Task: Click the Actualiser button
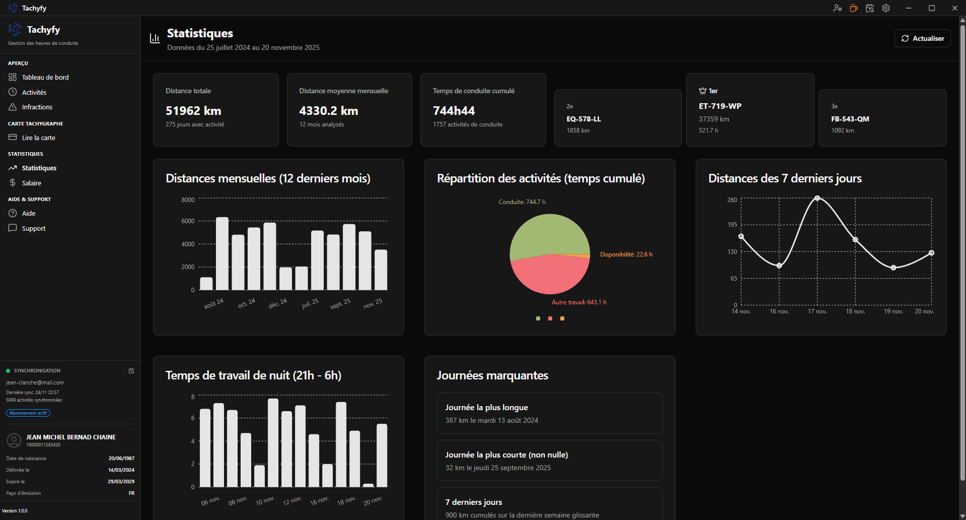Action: [922, 38]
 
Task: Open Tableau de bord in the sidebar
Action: [45, 77]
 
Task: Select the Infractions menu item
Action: [37, 107]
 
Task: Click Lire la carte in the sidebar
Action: [38, 138]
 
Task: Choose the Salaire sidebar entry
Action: [31, 183]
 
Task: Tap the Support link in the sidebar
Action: [33, 228]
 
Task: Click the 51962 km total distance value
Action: [193, 110]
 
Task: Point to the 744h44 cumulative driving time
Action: [454, 110]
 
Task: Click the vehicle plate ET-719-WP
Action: [720, 106]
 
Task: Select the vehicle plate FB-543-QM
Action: [850, 119]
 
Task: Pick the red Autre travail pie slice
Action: [549, 275]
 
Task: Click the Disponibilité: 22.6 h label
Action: [626, 254]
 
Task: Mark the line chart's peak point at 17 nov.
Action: [817, 198]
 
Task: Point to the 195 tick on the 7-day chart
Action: [732, 225]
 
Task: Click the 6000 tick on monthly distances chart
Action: [188, 221]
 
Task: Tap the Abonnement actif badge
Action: [28, 413]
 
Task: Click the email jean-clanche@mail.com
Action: [35, 382]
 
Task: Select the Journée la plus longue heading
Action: [486, 407]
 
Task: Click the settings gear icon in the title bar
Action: [886, 8]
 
